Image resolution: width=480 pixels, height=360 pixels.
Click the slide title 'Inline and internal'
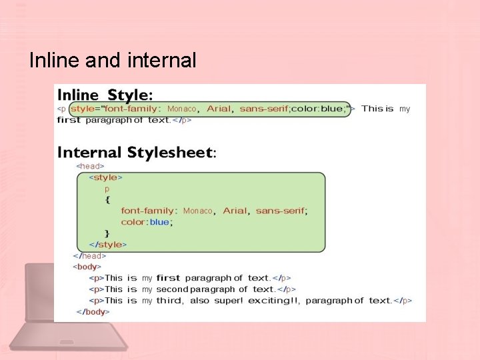coord(113,61)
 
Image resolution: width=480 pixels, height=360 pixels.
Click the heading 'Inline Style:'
coord(105,94)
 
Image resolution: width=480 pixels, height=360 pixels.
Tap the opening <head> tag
coord(90,166)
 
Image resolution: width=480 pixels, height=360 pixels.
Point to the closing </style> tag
coord(107,245)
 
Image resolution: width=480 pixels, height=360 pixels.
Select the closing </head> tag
coord(90,255)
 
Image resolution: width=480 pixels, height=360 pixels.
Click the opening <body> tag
coord(87,267)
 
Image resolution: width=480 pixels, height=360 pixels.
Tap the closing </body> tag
coord(91,311)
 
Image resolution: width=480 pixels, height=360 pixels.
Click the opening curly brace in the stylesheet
coord(107,199)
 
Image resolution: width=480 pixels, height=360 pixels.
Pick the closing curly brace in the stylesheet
coord(107,233)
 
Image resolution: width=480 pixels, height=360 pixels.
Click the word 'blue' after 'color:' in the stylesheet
coord(159,222)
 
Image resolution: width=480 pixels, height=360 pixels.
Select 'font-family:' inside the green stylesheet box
coord(149,211)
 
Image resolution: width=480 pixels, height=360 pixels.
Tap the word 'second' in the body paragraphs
coord(172,289)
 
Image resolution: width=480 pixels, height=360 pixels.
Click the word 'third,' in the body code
coord(169,301)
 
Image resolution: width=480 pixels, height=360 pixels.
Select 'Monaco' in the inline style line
coord(182,109)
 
